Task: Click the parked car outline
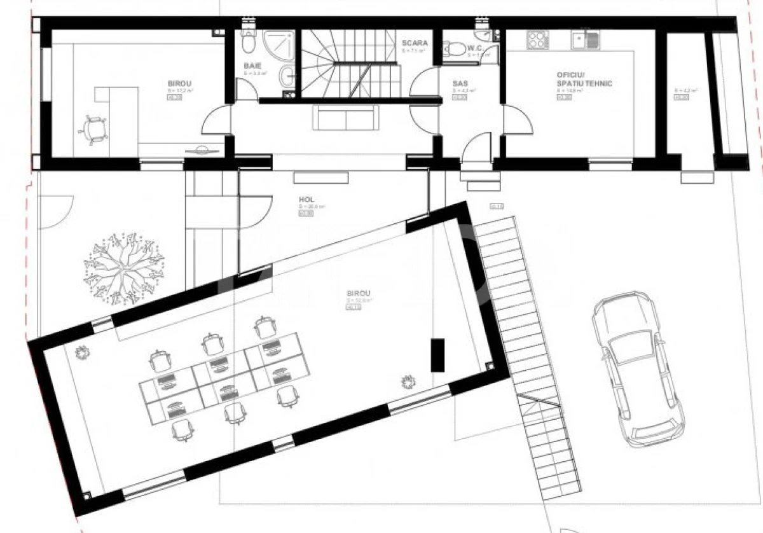(x=637, y=369)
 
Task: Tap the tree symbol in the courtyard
(x=124, y=267)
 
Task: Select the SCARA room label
(x=415, y=43)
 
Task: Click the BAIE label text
(x=252, y=66)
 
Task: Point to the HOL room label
(x=308, y=198)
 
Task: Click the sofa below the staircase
(x=345, y=118)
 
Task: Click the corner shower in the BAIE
(x=280, y=45)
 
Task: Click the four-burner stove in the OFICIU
(x=538, y=41)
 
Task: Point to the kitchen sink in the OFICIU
(x=585, y=40)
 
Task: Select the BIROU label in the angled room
(x=359, y=294)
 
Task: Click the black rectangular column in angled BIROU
(x=437, y=355)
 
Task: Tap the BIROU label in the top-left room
(x=180, y=83)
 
